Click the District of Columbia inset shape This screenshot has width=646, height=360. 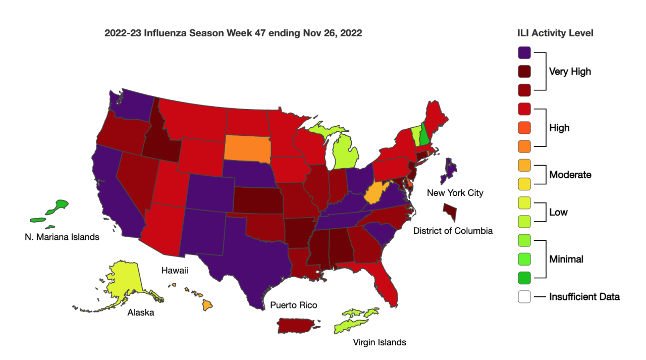[450, 211]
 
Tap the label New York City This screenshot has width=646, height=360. [455, 193]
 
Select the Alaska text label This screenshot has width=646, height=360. [141, 313]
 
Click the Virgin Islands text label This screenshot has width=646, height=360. [380, 342]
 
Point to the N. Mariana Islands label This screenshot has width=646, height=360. [62, 237]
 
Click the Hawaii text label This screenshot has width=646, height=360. [175, 271]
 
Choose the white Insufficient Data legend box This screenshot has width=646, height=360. [524, 297]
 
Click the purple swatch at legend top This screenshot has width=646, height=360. [524, 52]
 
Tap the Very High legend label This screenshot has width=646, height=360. [570, 72]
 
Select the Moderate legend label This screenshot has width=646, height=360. [570, 175]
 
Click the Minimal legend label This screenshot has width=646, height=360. [566, 259]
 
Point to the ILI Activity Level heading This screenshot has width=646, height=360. [555, 33]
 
